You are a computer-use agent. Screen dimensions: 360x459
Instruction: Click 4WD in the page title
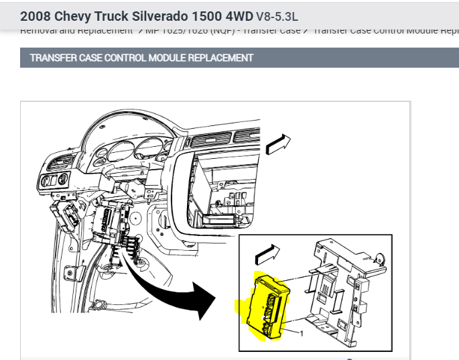tap(238, 14)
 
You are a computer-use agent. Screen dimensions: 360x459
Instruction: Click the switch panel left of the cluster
tap(54, 180)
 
